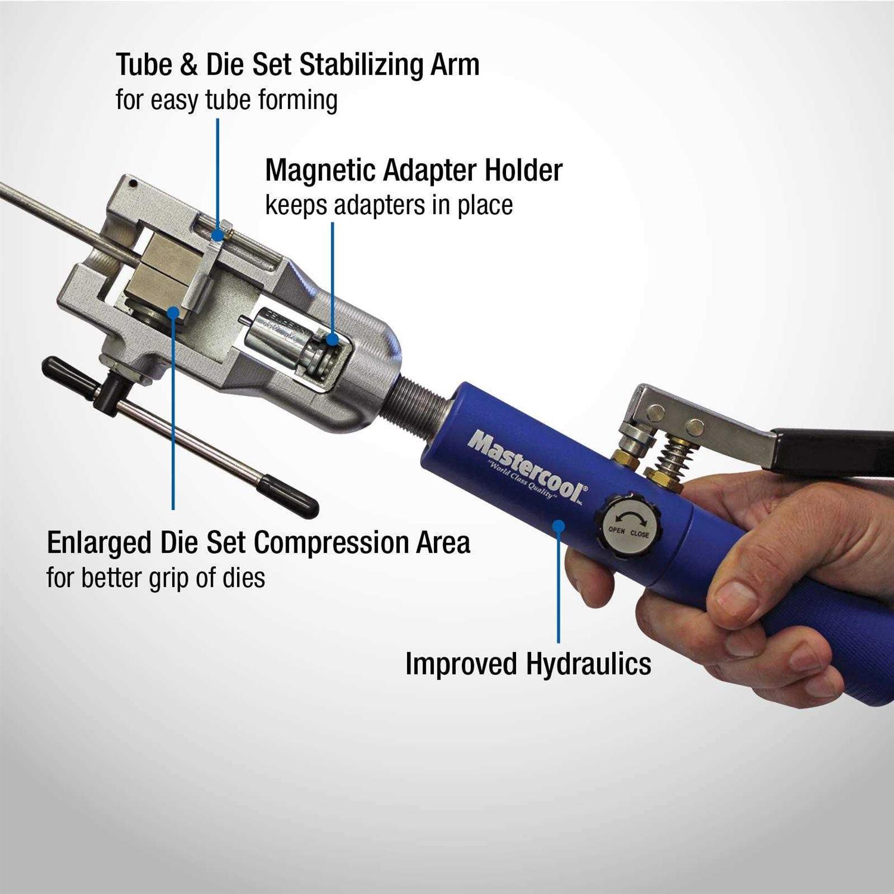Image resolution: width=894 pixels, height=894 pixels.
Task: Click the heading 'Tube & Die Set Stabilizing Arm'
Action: [297, 64]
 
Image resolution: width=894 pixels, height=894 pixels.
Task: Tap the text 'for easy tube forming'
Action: [226, 100]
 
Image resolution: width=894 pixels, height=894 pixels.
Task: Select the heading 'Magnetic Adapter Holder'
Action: [414, 170]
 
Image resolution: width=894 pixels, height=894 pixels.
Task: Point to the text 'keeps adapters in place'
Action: [389, 205]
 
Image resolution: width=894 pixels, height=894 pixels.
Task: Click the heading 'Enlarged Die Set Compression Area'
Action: [258, 543]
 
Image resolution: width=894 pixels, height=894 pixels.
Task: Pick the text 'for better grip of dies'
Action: [156, 578]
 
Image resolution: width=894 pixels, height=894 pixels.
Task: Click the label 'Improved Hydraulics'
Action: [528, 664]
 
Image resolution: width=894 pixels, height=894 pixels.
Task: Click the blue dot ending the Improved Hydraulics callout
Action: [558, 525]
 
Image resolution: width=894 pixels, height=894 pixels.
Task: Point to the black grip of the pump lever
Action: [834, 450]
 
